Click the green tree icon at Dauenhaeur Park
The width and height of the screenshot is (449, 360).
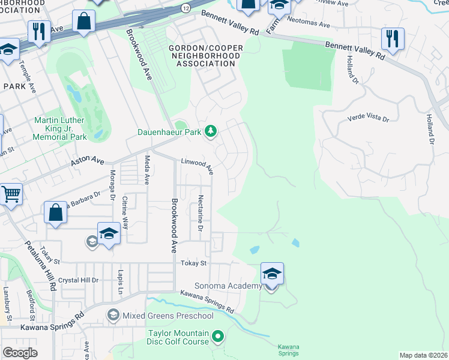click(210, 131)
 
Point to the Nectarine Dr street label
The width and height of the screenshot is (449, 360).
click(200, 215)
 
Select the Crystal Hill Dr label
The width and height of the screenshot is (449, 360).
click(78, 280)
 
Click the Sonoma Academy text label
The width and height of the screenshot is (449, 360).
click(228, 286)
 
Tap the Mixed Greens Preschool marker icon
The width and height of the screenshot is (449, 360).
click(113, 315)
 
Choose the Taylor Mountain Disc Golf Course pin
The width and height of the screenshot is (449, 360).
click(218, 337)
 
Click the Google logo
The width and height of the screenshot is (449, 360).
click(20, 353)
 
